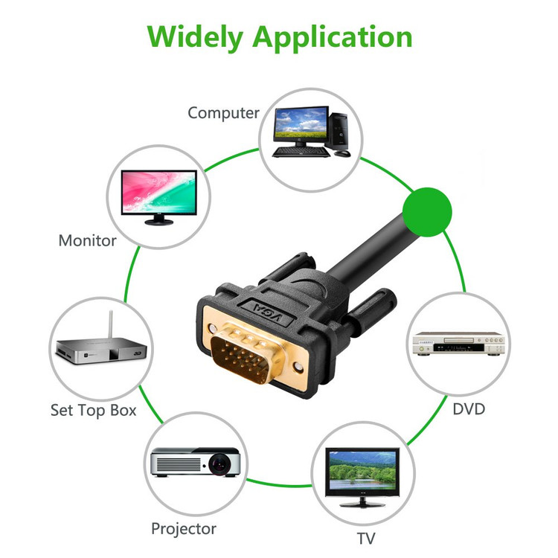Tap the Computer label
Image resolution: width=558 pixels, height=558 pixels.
click(223, 113)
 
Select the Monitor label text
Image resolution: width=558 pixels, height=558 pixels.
click(87, 240)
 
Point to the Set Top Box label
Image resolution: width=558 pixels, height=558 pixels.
click(93, 410)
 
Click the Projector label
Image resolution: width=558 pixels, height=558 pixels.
click(183, 529)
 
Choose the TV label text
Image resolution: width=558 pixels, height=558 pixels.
click(365, 538)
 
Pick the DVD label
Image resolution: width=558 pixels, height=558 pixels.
click(469, 408)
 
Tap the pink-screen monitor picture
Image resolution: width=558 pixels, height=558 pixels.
click(159, 192)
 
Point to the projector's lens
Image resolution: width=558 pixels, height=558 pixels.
click(220, 464)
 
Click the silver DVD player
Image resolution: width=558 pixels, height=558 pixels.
click(459, 342)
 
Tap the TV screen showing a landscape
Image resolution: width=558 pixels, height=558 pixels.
click(362, 471)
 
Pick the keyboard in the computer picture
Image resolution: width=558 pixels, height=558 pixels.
click(301, 152)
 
